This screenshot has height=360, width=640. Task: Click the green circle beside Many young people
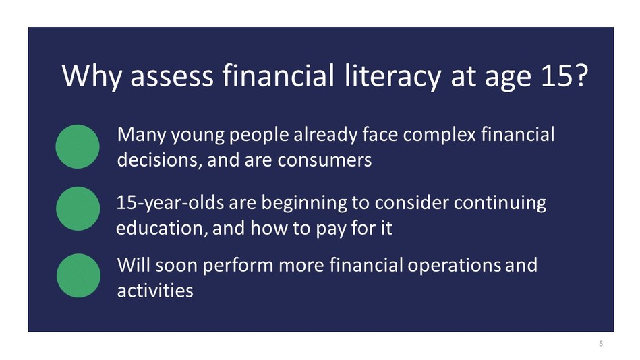[78, 146]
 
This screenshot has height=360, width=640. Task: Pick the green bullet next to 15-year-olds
[78, 209]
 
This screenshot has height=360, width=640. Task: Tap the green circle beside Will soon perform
[78, 275]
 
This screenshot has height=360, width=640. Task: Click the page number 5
[600, 344]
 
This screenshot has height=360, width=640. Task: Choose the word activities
[155, 291]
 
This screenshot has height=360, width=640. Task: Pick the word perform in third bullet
[229, 265]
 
